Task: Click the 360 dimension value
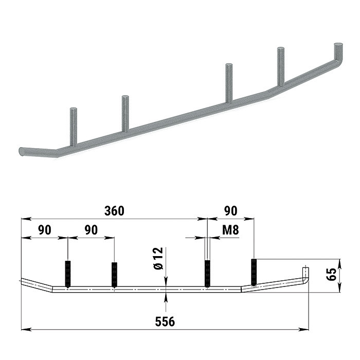pos(114,211)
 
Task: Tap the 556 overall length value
pos(165,321)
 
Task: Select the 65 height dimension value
pos(332,274)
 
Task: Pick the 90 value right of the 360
pos(230,211)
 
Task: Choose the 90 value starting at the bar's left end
pos(44,230)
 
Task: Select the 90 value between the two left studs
pos(91,230)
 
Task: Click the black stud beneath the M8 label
pos(207,273)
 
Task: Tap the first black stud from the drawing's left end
pos(67,274)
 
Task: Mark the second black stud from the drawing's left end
pos(114,274)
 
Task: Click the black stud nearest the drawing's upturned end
pos(254,272)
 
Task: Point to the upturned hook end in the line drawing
pos(305,275)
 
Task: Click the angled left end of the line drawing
pos(36,284)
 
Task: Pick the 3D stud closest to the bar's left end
pos(73,126)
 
